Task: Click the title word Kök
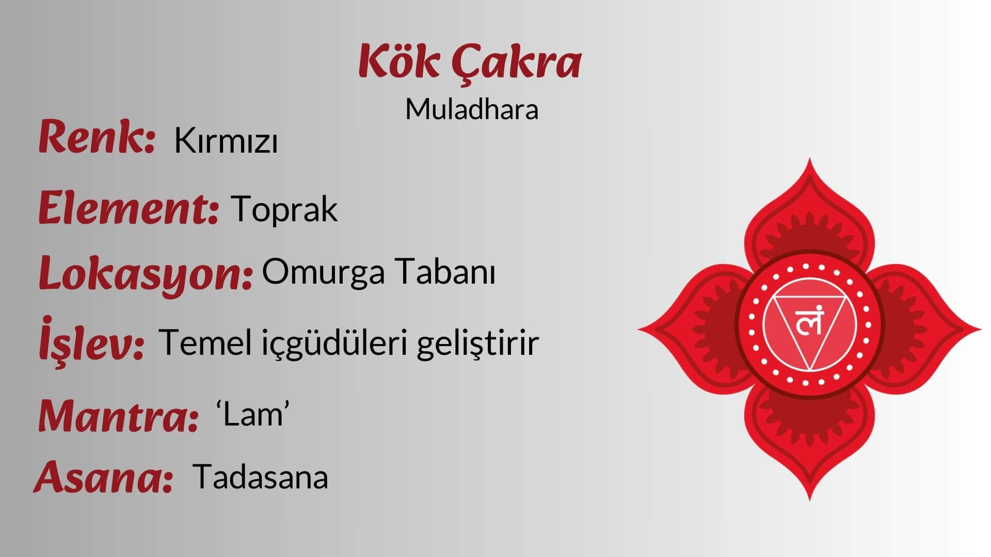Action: pyautogui.click(x=399, y=61)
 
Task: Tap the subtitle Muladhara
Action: pyautogui.click(x=472, y=109)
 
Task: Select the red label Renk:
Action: pyautogui.click(x=97, y=136)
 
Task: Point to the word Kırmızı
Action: pyautogui.click(x=226, y=140)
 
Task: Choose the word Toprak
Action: pyautogui.click(x=284, y=209)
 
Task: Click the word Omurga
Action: pyautogui.click(x=323, y=272)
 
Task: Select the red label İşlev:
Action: pyautogui.click(x=91, y=339)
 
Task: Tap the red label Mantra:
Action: pyautogui.click(x=118, y=416)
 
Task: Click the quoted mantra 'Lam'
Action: pyautogui.click(x=252, y=414)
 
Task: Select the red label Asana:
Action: pyautogui.click(x=103, y=477)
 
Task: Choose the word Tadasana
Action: pyautogui.click(x=261, y=477)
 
